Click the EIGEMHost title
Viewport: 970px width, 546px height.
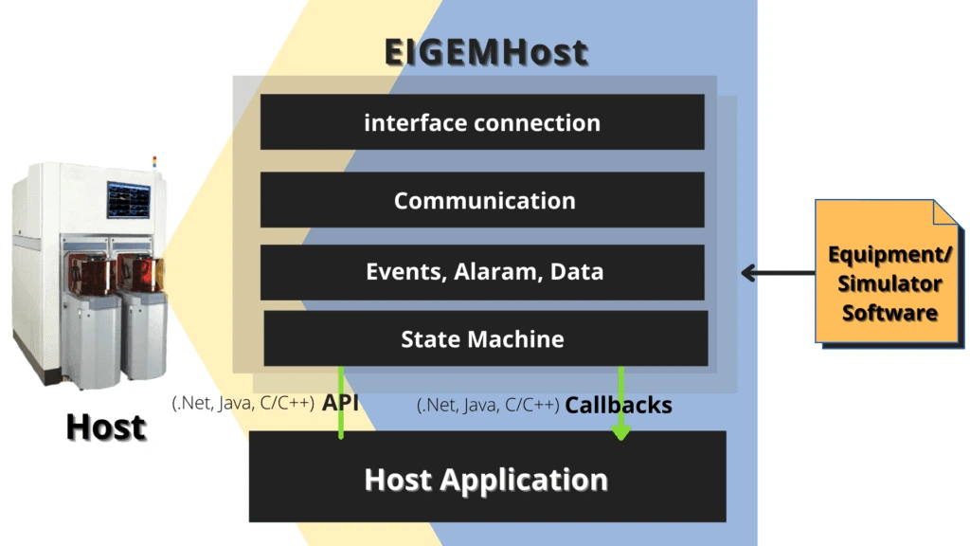485,52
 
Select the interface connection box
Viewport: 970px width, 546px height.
482,122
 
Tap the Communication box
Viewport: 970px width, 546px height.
482,200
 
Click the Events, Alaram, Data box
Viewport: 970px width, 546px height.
482,272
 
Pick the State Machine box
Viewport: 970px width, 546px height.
484,338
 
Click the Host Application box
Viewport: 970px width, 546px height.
487,478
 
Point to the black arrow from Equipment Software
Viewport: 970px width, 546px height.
777,274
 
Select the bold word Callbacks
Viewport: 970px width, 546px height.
619,405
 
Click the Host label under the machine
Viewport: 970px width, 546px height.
106,428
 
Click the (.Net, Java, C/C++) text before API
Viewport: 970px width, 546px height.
243,403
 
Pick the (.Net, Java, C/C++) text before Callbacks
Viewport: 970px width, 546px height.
488,406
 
